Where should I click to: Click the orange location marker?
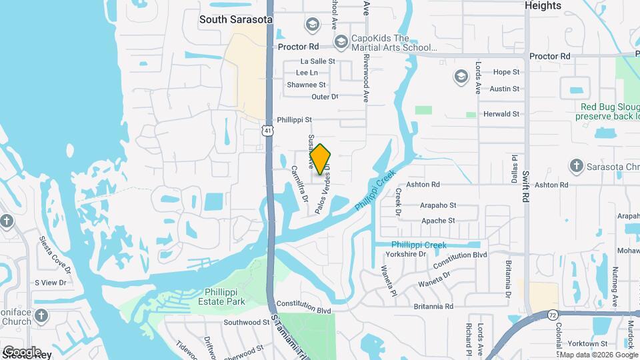tap(321, 159)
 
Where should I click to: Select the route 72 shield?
tap(553, 314)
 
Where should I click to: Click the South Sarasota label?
tap(236, 20)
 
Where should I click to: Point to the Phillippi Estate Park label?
tap(216, 296)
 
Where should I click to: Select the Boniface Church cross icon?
tap(41, 315)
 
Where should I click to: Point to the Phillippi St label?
tap(295, 120)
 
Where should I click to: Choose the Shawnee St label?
tap(306, 85)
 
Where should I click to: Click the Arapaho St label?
tap(438, 206)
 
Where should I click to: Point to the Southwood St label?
tap(246, 323)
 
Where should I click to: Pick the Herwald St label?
tap(501, 114)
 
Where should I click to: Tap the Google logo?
tap(23, 351)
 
